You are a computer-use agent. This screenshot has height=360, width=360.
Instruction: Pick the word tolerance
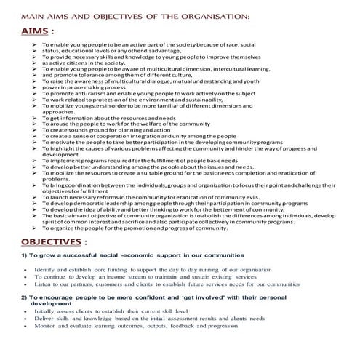[97, 75]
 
